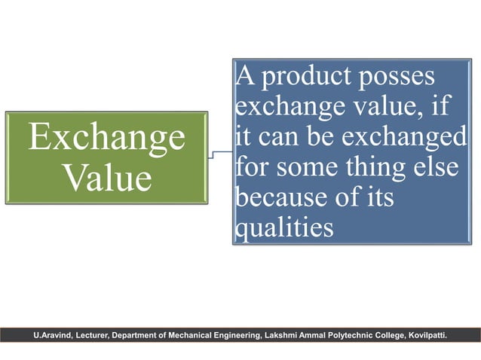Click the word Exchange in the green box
click(106, 138)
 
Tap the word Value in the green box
click(106, 178)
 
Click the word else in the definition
click(436, 168)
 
